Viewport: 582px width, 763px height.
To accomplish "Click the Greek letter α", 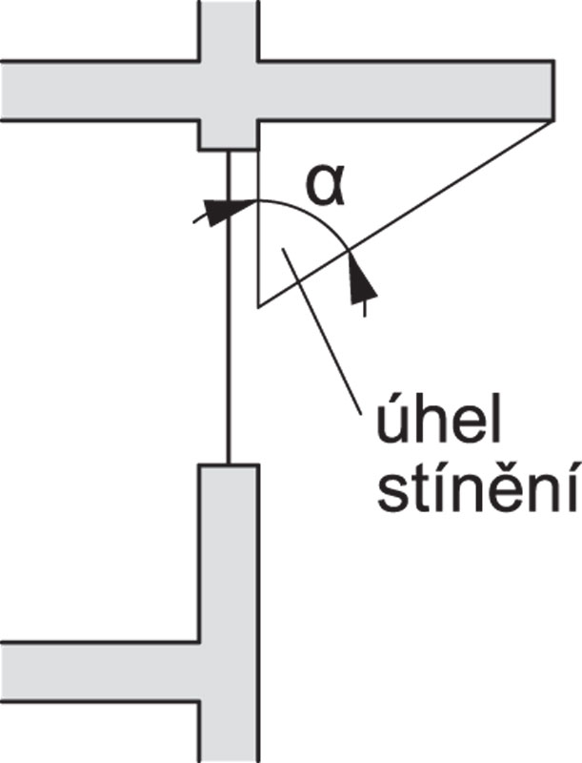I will point(321,186).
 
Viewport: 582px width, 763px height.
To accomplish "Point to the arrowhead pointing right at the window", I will point(218,210).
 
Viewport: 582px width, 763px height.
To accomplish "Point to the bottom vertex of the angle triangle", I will point(258,305).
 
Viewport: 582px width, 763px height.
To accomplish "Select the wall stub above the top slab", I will point(229,29).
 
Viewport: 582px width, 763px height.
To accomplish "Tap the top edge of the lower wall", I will point(229,464).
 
